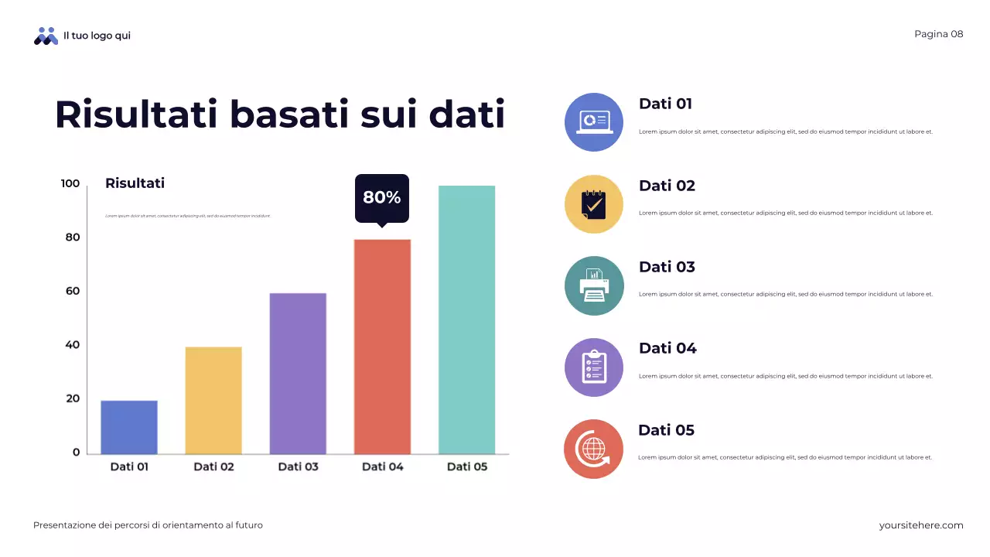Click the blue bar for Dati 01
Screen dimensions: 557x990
129,427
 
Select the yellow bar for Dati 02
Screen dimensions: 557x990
213,400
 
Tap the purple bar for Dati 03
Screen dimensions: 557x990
298,374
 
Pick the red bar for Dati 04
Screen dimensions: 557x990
382,347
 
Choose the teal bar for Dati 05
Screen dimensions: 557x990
466,320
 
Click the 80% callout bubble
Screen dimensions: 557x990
381,197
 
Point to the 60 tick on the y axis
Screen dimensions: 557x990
71,291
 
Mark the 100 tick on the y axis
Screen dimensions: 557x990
70,183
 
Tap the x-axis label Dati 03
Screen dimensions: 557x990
298,466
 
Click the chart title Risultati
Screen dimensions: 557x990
135,183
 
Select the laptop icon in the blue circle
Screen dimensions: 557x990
594,122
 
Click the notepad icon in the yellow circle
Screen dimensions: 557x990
594,204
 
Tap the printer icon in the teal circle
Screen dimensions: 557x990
594,286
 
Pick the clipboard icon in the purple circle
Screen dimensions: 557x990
594,367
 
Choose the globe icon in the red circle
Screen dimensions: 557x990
594,449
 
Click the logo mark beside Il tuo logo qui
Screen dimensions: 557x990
46,36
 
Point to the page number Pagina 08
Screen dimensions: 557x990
938,34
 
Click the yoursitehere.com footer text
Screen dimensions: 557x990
920,525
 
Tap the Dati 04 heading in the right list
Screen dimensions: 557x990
667,348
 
